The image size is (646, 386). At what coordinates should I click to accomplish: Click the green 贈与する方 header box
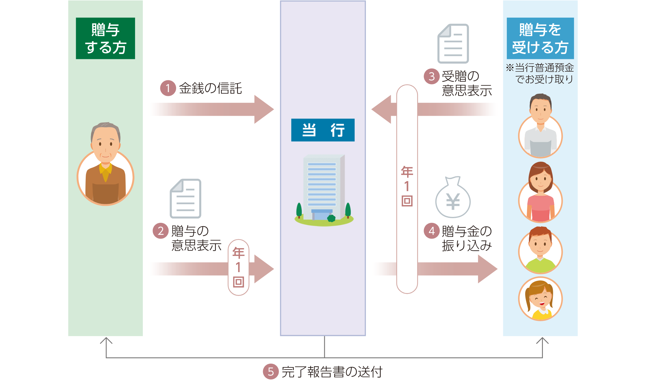(105, 38)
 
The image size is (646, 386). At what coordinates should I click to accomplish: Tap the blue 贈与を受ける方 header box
(540, 38)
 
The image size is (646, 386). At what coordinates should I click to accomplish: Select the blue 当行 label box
(323, 130)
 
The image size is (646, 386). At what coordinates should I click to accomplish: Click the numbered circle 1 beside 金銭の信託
(168, 88)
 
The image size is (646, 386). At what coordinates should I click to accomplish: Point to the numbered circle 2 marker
(161, 231)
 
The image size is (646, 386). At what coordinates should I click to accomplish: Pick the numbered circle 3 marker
(431, 76)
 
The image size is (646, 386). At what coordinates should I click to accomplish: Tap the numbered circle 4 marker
(431, 231)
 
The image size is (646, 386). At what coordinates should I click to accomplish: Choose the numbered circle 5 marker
(271, 371)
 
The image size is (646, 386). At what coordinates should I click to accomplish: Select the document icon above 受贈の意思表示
(453, 43)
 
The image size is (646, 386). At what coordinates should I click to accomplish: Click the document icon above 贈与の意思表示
(185, 198)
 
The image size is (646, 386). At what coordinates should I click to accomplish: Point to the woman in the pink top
(540, 192)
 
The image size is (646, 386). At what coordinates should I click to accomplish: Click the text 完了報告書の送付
(332, 372)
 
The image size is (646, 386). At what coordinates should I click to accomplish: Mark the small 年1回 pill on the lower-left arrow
(239, 267)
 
